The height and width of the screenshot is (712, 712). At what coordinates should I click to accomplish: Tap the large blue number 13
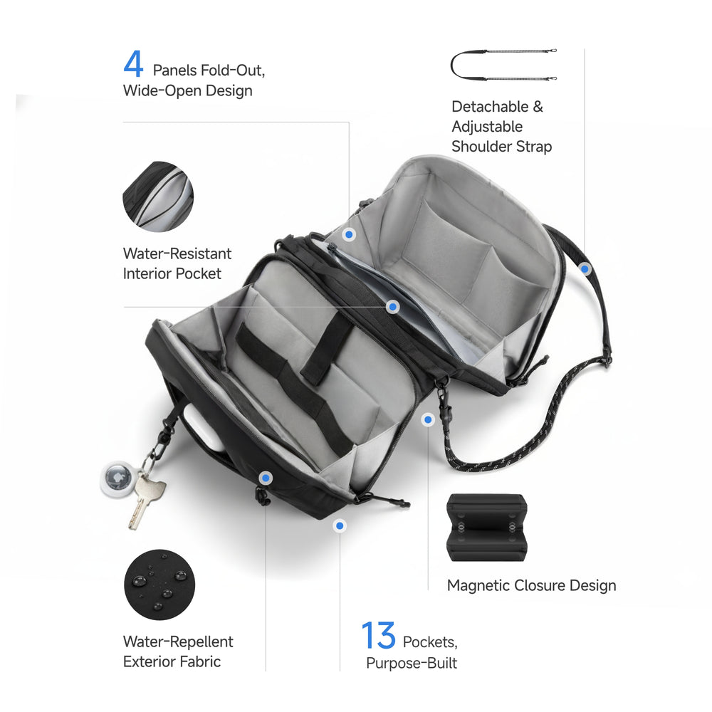[378, 636]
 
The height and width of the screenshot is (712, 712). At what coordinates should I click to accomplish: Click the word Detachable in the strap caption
[490, 107]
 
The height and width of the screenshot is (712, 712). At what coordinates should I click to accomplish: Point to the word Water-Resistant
[177, 253]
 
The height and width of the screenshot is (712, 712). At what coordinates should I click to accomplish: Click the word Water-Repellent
[178, 642]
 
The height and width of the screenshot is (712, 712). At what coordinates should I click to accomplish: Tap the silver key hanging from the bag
[146, 500]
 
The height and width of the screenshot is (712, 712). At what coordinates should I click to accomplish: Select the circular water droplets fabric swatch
[157, 585]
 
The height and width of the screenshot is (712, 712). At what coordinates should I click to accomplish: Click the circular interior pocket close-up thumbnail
[157, 197]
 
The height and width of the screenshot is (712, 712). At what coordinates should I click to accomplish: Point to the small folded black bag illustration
[486, 528]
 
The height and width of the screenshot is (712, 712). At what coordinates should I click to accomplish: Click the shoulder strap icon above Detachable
[503, 64]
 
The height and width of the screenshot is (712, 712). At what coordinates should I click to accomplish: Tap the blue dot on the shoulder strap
[585, 269]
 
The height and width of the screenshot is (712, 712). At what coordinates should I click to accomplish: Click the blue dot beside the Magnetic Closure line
[428, 420]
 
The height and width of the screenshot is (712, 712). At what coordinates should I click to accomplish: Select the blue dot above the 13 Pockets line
[340, 525]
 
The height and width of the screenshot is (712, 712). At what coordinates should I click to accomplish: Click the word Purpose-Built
[412, 664]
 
